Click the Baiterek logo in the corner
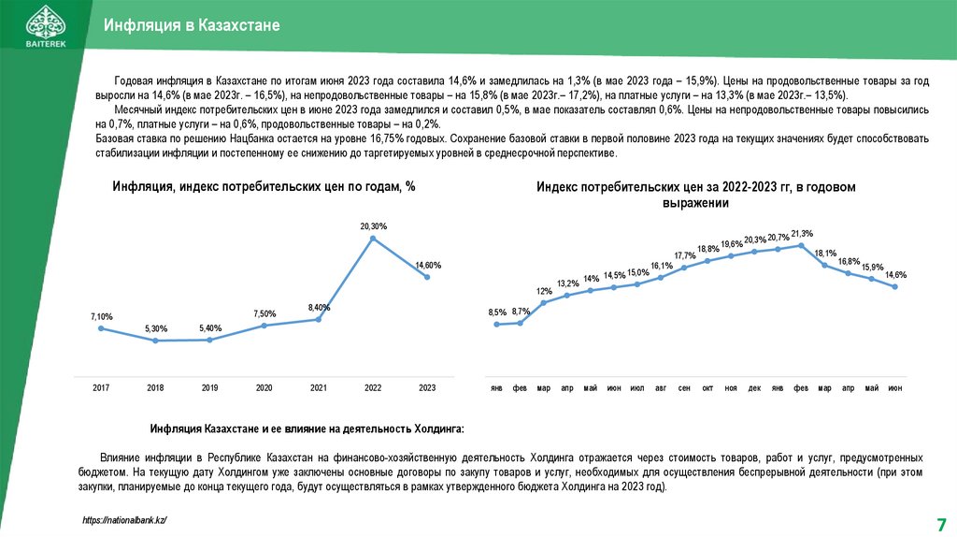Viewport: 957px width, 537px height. point(46,25)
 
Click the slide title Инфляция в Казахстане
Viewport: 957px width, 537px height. point(192,25)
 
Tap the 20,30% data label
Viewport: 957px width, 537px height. point(374,226)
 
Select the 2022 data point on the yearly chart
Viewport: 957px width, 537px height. point(373,239)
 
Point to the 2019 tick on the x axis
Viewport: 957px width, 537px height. point(209,388)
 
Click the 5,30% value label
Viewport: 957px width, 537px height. point(156,328)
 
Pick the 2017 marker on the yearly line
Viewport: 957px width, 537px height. point(101,328)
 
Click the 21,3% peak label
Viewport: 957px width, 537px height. point(802,233)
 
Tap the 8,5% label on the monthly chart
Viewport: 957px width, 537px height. point(497,312)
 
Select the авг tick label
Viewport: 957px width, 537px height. point(661,388)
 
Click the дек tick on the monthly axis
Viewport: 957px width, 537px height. point(754,388)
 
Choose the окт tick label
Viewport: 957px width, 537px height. point(707,388)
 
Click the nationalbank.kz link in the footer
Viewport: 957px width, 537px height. point(124,520)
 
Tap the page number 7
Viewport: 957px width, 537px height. point(941,524)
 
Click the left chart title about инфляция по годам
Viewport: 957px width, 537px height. point(264,186)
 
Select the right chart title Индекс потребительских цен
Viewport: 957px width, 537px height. point(695,195)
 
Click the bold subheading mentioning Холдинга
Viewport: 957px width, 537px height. point(307,428)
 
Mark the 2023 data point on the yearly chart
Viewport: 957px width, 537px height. point(427,277)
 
